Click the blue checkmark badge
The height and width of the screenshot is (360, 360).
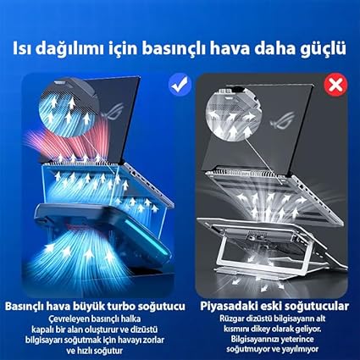[180, 84]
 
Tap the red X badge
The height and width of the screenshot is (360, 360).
[335, 85]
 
